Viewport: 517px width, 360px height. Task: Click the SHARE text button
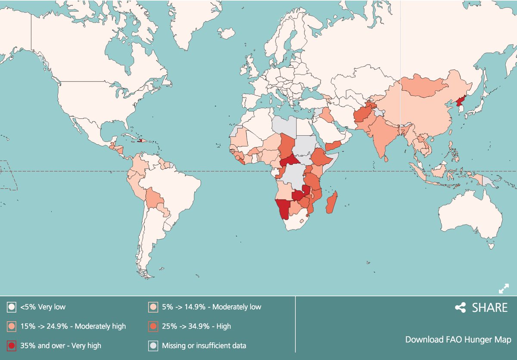[490, 307]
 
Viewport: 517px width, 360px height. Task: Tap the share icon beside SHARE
[461, 307]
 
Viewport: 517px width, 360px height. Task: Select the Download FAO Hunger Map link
[458, 339]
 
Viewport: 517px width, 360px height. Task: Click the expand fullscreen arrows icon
[504, 289]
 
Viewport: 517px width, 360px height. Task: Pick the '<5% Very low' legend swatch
[11, 307]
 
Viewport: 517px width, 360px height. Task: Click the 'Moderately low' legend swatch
[153, 307]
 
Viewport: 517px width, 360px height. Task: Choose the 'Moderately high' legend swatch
[11, 326]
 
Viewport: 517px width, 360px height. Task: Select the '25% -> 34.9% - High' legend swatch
[153, 326]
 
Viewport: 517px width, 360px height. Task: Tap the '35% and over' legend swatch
[11, 345]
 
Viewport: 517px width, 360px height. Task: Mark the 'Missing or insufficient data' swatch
[153, 345]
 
